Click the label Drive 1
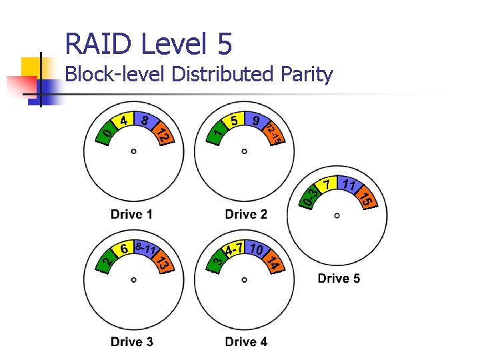[x=131, y=214]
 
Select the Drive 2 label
[x=246, y=214]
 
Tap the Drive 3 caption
[x=131, y=341]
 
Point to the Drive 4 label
[x=246, y=341]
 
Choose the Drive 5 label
[x=339, y=278]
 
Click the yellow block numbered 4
[x=123, y=121]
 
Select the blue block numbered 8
[x=145, y=121]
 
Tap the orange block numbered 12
[x=163, y=135]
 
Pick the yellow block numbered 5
[x=233, y=121]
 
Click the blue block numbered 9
[x=256, y=121]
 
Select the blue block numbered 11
[x=348, y=185]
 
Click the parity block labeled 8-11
[x=145, y=249]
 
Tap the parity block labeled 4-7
[x=233, y=249]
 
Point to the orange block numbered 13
[x=163, y=263]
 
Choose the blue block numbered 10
[x=256, y=249]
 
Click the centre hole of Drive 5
[x=337, y=215]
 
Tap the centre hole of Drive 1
[x=133, y=152]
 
